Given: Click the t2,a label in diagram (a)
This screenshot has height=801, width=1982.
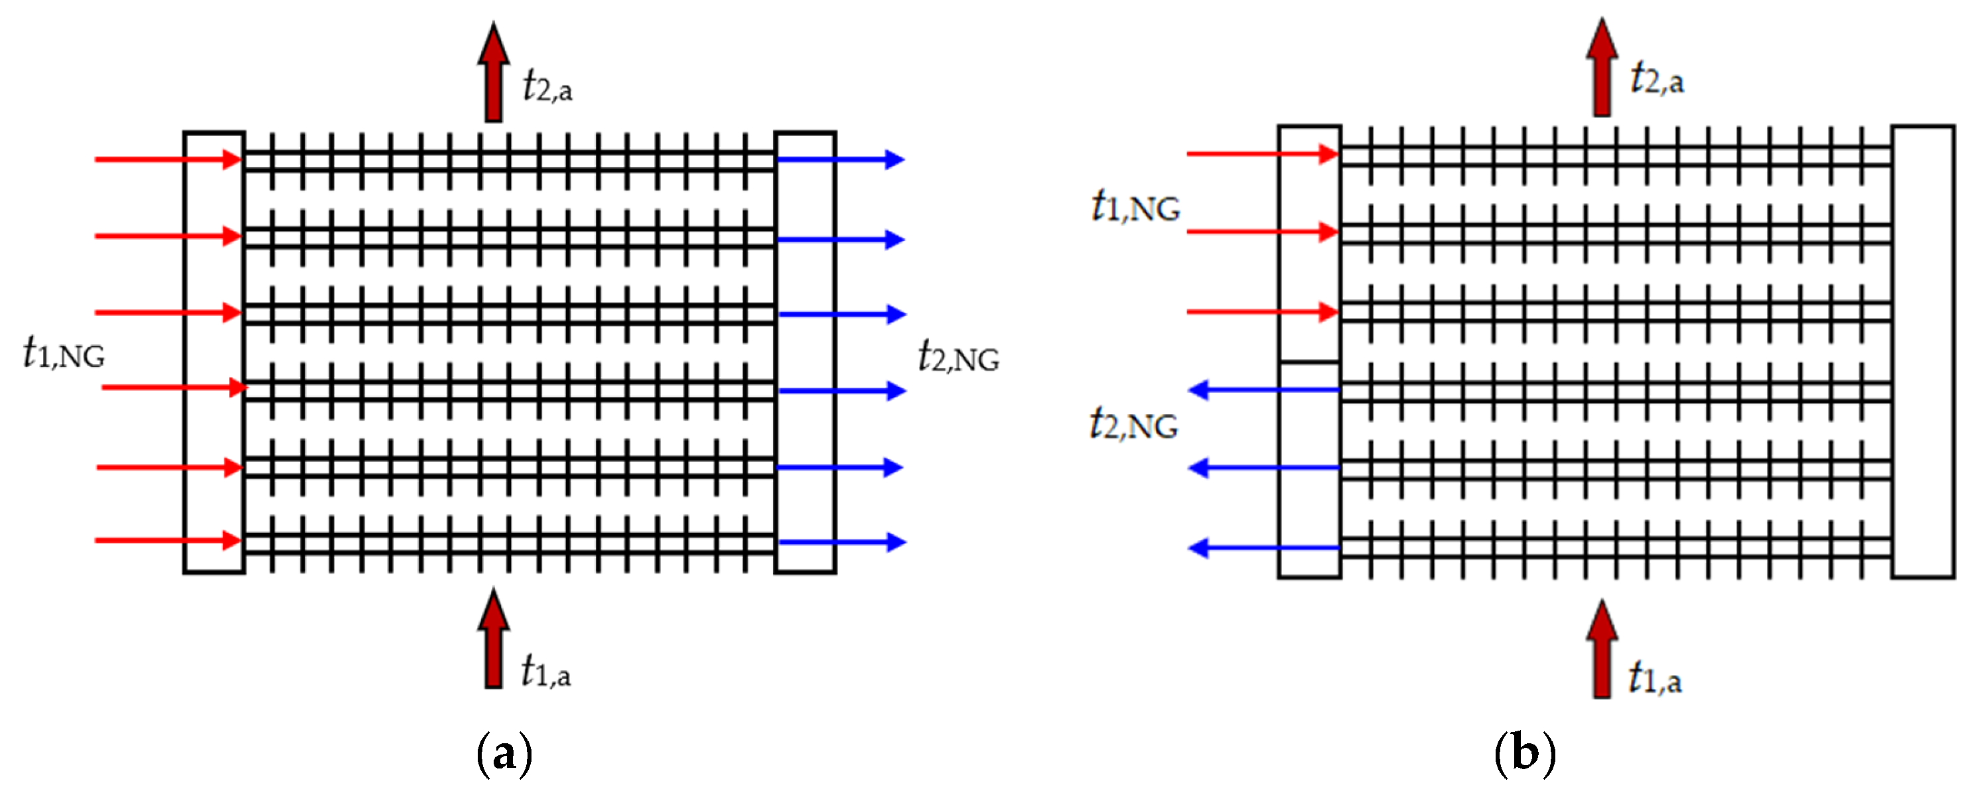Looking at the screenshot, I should (547, 86).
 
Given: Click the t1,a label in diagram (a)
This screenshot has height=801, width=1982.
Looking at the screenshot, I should (545, 671).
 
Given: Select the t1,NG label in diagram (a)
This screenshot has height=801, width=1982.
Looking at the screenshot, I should (64, 354).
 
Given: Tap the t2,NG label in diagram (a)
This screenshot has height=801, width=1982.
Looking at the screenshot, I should (958, 357).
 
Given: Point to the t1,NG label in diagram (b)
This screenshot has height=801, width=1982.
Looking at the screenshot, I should (1135, 207).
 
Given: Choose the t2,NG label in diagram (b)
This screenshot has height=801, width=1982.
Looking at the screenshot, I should (1133, 425).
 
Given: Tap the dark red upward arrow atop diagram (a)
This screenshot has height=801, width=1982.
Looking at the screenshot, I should (493, 73).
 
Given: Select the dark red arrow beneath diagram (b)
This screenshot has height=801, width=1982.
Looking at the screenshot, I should (1602, 650).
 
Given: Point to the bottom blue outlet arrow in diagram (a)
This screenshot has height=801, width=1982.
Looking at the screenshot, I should (842, 542).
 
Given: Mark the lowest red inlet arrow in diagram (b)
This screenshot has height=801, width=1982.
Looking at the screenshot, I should (1262, 312).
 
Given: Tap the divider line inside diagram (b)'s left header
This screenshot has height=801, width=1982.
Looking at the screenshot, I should (1310, 362).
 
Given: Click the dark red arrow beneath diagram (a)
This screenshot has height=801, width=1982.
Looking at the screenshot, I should (493, 638).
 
